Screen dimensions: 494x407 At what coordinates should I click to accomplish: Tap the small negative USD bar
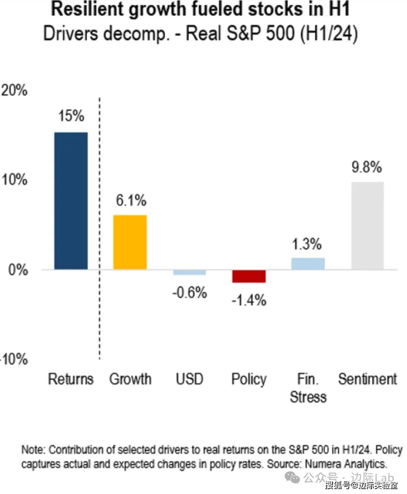[x=190, y=272]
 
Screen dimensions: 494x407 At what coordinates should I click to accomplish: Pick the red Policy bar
[x=249, y=276]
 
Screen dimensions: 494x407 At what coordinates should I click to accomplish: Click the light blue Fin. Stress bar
[x=308, y=264]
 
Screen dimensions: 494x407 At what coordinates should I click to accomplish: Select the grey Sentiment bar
[x=367, y=226]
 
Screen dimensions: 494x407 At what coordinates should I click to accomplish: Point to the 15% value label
[x=71, y=116]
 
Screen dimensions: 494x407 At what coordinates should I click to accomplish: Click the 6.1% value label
[x=131, y=200]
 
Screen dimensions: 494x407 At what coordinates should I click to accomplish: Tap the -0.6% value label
[x=190, y=293]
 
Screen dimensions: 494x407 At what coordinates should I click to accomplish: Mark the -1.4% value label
[x=249, y=300]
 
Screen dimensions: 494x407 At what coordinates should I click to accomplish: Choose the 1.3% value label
[x=307, y=244]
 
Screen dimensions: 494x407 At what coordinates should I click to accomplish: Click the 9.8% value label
[x=367, y=167]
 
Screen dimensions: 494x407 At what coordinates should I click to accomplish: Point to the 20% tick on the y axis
[x=14, y=90]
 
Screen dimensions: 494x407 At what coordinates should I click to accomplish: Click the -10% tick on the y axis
[x=14, y=359]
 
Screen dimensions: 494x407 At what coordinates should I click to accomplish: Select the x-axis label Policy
[x=249, y=379]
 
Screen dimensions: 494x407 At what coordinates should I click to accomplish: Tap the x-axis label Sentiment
[x=367, y=379]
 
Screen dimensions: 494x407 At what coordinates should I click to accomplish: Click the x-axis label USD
[x=190, y=379]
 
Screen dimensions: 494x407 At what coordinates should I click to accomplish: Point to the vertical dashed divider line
[x=100, y=226]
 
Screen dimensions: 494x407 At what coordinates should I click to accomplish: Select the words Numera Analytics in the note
[x=346, y=464]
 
